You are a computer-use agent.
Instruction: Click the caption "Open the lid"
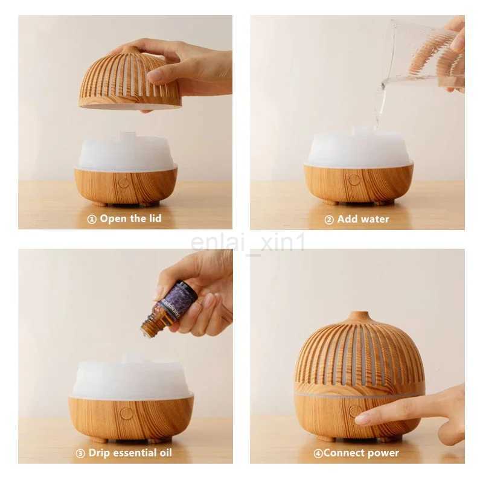[130, 219]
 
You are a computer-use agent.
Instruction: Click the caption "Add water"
[363, 219]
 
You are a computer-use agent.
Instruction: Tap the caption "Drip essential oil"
[130, 453]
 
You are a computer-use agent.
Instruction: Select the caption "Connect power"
[360, 453]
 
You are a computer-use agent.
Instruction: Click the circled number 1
[92, 219]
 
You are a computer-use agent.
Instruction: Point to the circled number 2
[329, 220]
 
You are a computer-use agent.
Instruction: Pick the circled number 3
[80, 453]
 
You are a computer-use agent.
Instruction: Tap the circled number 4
[318, 453]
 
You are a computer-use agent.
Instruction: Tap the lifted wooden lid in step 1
[129, 81]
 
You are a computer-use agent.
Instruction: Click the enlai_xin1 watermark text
[248, 242]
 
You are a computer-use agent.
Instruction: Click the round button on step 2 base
[354, 179]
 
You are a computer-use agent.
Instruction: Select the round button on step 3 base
[126, 413]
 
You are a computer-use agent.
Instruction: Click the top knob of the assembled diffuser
[360, 315]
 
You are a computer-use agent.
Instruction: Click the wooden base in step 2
[359, 184]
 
